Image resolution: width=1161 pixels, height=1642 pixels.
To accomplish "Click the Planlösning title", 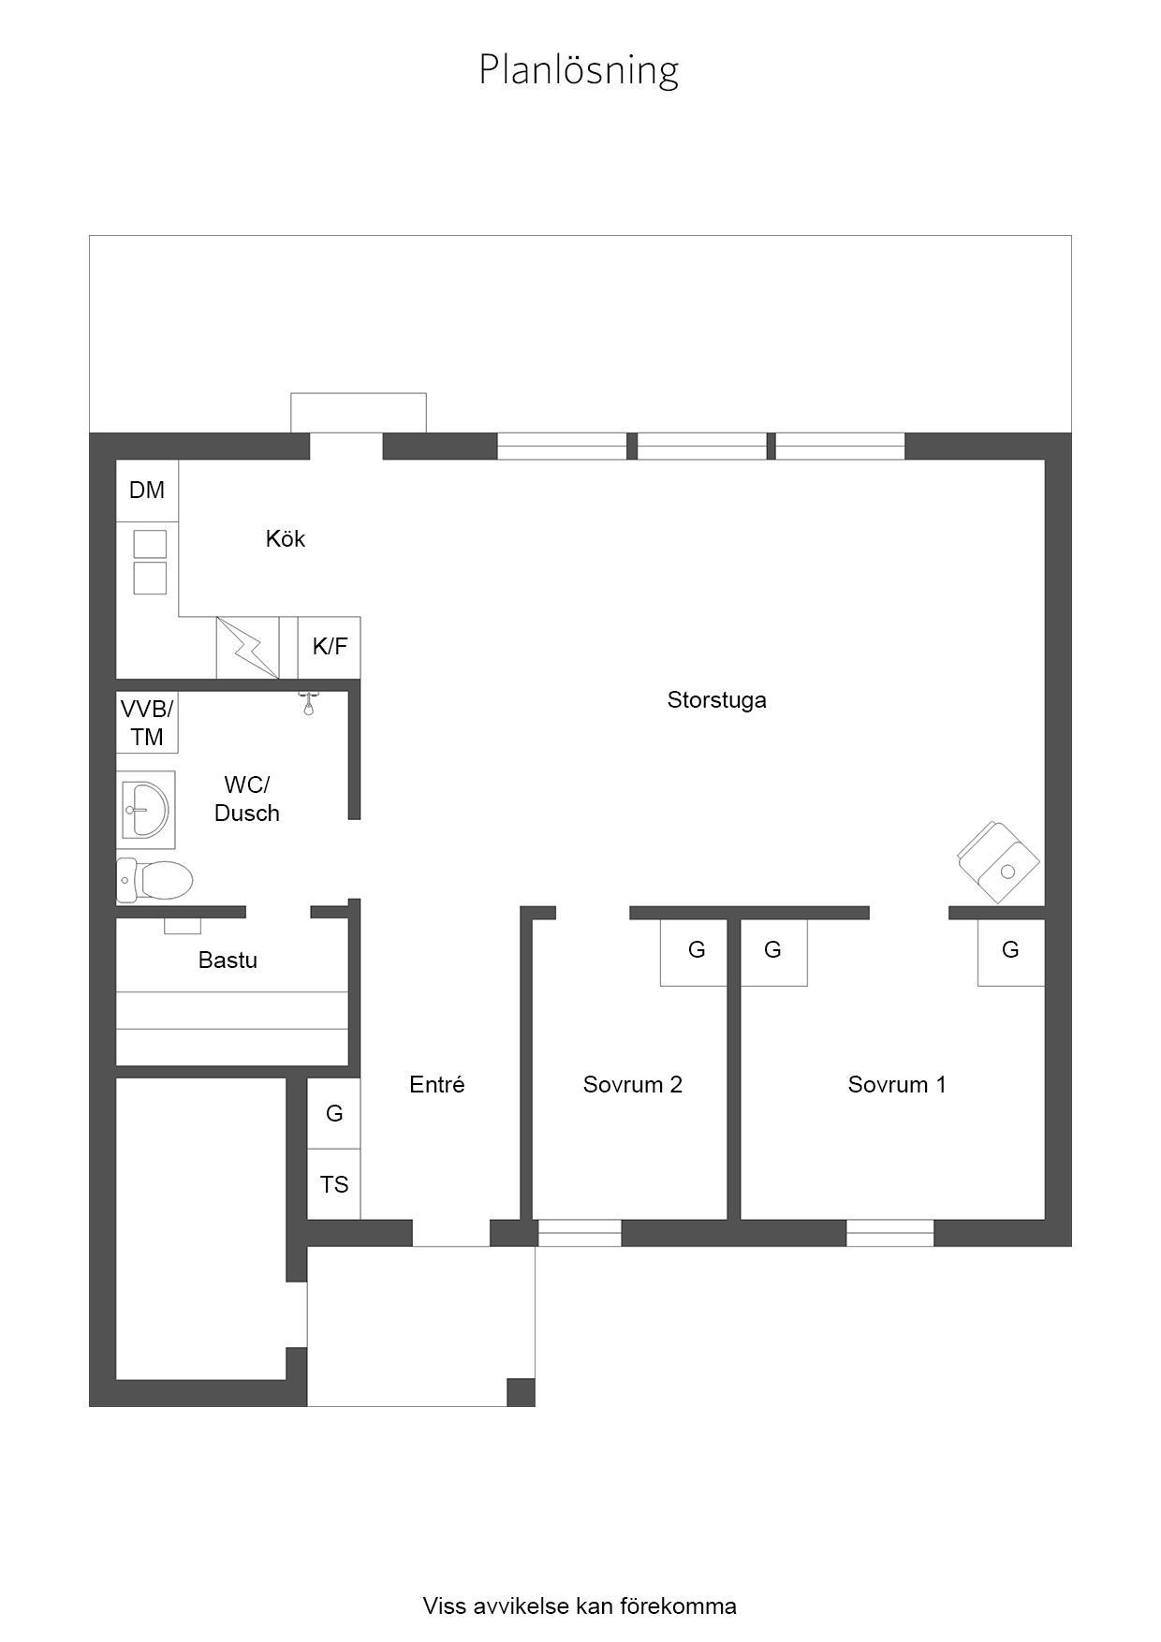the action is tap(579, 70).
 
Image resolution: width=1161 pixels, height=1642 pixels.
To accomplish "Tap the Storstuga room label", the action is tap(716, 700).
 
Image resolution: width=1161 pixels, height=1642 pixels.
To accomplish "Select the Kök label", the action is tap(286, 538).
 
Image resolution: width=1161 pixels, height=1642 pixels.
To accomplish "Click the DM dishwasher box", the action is tap(147, 490).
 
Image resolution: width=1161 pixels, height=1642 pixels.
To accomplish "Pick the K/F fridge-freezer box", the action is tap(330, 647).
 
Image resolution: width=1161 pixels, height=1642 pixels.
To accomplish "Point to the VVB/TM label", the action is tap(147, 723).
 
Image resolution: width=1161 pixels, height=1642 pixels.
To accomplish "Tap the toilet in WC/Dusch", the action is tap(154, 880).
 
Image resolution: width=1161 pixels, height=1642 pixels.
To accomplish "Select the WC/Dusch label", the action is tap(247, 799).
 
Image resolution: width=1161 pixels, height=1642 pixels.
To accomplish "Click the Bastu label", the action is tap(228, 960).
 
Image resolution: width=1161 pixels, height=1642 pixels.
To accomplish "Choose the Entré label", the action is tap(437, 1084).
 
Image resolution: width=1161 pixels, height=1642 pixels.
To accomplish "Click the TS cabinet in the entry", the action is tap(334, 1184).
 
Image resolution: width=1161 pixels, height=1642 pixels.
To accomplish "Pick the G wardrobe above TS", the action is tap(334, 1113).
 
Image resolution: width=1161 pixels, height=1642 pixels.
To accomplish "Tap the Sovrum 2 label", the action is tap(633, 1084).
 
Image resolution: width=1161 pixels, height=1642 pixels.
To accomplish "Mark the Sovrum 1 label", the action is tap(897, 1084).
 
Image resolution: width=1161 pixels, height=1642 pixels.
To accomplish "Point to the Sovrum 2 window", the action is tap(580, 1233).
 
